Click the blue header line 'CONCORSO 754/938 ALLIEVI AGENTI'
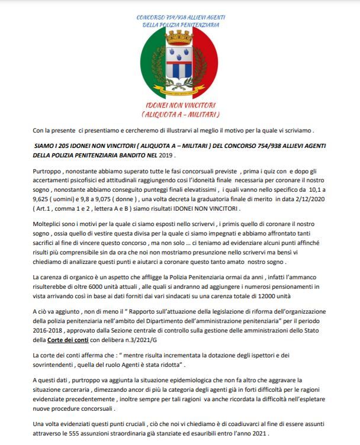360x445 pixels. click(x=180, y=18)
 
